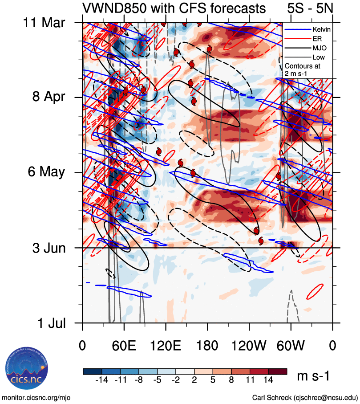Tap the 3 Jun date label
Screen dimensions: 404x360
[x=51, y=248]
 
